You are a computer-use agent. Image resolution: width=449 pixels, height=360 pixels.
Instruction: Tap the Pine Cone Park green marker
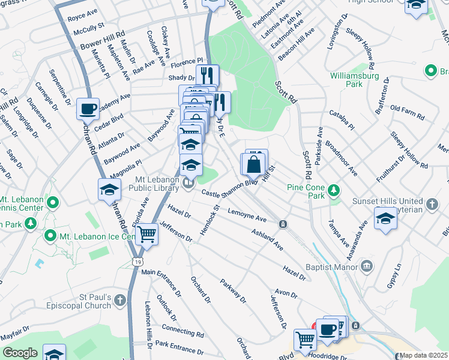334,192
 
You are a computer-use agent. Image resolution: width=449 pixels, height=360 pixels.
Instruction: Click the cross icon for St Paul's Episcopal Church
121,299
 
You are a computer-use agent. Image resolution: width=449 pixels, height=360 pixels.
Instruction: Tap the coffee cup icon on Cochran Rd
88,109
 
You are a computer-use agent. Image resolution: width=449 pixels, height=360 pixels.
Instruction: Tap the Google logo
20,353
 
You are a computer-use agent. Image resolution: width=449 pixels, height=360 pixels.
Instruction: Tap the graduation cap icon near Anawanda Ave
385,218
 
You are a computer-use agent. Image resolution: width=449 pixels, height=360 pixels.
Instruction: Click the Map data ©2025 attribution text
423,355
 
